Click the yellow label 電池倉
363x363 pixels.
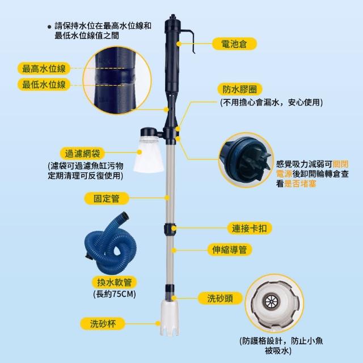pyautogui.click(x=234, y=44)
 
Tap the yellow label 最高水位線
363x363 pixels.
pyautogui.click(x=44, y=69)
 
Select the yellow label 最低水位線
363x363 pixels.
pyautogui.click(x=44, y=85)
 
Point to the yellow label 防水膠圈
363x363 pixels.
pyautogui.click(x=240, y=89)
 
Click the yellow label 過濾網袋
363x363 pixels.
pyautogui.click(x=82, y=154)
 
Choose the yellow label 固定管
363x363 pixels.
pyautogui.click(x=106, y=199)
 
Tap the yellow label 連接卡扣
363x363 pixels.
pyautogui.click(x=250, y=229)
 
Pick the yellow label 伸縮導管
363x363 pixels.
pyautogui.click(x=229, y=250)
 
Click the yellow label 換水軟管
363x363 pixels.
pyautogui.click(x=115, y=282)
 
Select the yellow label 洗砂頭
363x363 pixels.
pyautogui.click(x=220, y=298)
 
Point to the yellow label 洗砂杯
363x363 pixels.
pyautogui.click(x=103, y=323)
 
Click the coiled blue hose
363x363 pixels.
pyautogui.click(x=111, y=243)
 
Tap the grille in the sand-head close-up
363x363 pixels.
pyautogui.click(x=270, y=301)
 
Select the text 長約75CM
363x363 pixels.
pyautogui.click(x=115, y=294)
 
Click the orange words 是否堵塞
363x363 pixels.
pyautogui.click(x=300, y=184)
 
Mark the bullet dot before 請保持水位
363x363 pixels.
pyautogui.click(x=49, y=27)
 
